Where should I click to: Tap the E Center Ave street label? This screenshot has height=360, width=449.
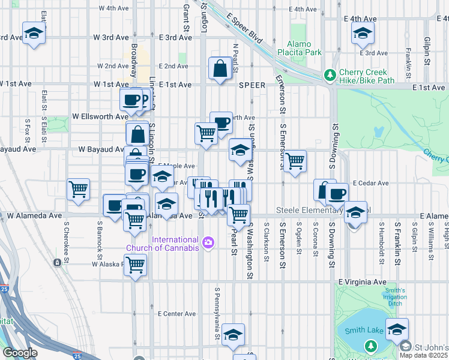click(x=176, y=313)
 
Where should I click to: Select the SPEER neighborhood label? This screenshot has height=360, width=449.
click(x=252, y=85)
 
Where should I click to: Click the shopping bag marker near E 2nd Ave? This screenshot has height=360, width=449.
click(x=220, y=68)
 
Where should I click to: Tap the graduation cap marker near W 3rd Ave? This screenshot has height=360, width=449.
click(x=34, y=34)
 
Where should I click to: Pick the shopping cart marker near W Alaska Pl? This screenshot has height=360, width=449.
click(x=136, y=264)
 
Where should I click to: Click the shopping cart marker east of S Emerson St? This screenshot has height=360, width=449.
click(x=295, y=161)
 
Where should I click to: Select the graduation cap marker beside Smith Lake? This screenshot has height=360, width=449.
click(x=397, y=329)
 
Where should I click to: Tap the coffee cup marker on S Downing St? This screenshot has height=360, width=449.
click(x=337, y=194)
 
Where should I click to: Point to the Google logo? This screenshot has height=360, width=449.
click(x=20, y=353)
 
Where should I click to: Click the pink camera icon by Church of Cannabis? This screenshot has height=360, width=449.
click(x=208, y=243)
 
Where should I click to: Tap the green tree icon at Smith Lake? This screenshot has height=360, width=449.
click(x=371, y=346)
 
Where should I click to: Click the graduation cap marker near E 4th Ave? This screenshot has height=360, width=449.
click(x=363, y=34)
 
